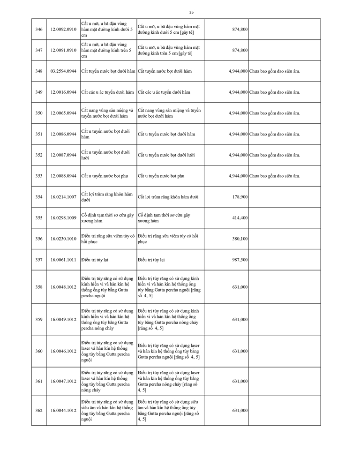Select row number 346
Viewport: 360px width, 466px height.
(39, 29)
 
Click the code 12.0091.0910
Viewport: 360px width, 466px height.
(63, 50)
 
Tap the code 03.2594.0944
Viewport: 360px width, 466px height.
(63, 71)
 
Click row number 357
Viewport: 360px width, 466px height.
(39, 260)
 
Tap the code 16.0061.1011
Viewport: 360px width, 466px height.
(63, 260)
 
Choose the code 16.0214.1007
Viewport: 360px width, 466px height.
(63, 197)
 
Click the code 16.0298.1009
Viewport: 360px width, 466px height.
(63, 218)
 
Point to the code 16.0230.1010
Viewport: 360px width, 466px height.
(63, 239)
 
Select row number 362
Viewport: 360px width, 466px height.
(39, 411)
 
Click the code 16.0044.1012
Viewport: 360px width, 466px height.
(63, 411)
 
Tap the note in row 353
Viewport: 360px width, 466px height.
(274, 176)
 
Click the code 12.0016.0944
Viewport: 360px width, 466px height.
(63, 92)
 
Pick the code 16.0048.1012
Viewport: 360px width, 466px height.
(63, 287)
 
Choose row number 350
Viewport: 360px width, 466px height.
(39, 113)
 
